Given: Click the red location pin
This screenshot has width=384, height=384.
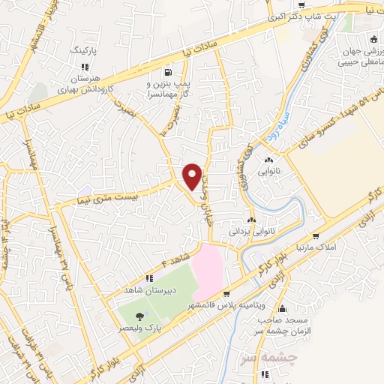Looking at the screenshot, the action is (193, 176).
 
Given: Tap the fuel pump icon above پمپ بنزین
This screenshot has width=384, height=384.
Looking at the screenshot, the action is (164, 73).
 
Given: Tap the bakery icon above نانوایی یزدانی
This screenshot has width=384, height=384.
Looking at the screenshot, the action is (252, 220).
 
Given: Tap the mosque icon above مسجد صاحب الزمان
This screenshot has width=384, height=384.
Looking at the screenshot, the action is (282, 308).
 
